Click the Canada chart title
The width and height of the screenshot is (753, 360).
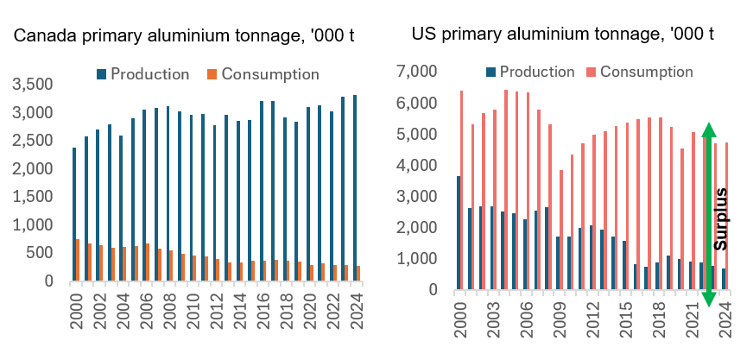[x=185, y=36]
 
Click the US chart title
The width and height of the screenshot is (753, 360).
[x=562, y=35]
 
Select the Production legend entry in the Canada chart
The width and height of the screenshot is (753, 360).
[x=142, y=74]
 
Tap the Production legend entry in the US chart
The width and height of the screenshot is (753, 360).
[x=529, y=72]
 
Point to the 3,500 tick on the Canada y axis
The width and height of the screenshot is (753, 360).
[x=30, y=85]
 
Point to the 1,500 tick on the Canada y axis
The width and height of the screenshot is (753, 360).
[x=30, y=198]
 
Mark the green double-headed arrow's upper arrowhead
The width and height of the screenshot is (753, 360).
[x=708, y=131]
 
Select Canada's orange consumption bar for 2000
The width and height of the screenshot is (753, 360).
[x=78, y=260]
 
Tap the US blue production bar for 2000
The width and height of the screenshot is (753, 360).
[x=459, y=232]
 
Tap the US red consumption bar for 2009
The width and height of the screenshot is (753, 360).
[x=561, y=230]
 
